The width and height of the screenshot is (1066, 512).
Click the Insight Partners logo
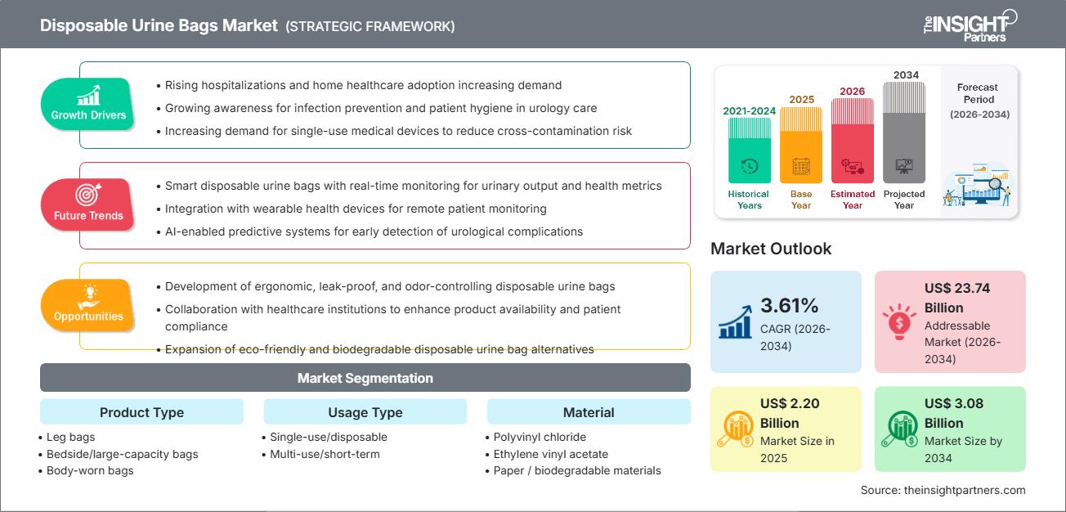[x=969, y=25]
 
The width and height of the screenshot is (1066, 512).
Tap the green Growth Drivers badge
[x=88, y=104]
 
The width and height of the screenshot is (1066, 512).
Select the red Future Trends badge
[x=88, y=204]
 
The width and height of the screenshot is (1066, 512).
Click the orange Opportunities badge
[x=88, y=305]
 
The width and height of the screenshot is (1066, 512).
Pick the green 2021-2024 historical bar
[x=749, y=150]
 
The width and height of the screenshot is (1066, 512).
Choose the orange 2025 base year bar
[x=801, y=145]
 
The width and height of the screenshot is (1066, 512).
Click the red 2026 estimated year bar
[x=853, y=140]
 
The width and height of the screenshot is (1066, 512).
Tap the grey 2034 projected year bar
[x=904, y=132]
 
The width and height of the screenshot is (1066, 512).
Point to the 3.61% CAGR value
[x=789, y=306]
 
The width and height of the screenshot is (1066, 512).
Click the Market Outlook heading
[x=771, y=249]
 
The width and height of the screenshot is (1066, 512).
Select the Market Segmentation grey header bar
[x=365, y=378]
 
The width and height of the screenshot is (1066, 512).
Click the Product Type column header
[x=141, y=412]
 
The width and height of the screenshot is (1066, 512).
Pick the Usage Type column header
[x=365, y=412]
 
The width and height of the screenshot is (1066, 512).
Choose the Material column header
[x=588, y=412]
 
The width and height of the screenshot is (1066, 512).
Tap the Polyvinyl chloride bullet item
[x=540, y=437]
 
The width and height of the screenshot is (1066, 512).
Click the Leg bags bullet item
[x=72, y=437]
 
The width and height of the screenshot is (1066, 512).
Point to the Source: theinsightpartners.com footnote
[x=943, y=490]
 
